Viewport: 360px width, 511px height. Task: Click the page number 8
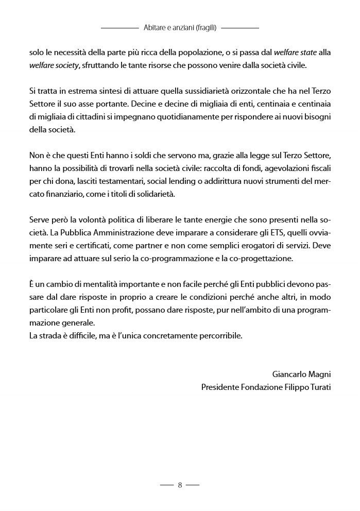pos(180,485)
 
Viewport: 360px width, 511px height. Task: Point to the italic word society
pos(66,65)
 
